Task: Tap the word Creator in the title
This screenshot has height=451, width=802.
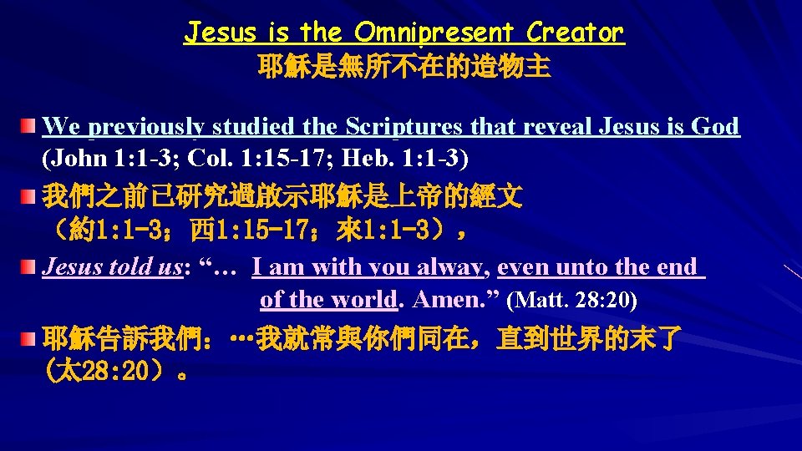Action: [576, 33]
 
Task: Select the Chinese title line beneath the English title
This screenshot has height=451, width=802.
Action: [404, 67]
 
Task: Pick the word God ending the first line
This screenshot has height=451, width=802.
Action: [716, 127]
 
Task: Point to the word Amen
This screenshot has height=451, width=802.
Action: [444, 299]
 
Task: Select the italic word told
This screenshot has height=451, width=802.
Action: [124, 267]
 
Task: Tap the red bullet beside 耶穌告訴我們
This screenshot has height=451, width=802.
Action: [30, 340]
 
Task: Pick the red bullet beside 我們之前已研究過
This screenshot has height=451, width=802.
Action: [30, 198]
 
